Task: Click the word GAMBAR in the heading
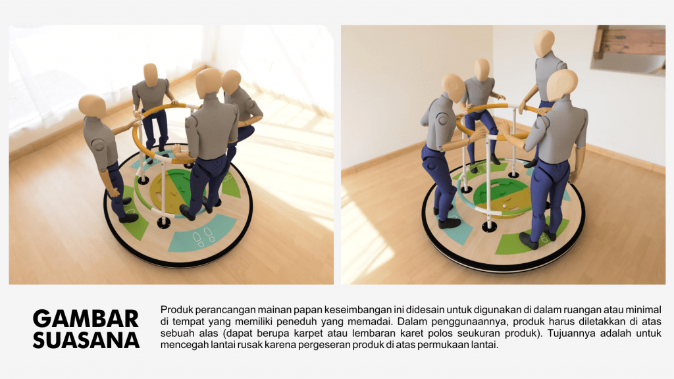pyautogui.click(x=86, y=319)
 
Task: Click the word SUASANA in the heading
pyautogui.click(x=86, y=340)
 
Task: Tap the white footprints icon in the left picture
pyautogui.click(x=204, y=237)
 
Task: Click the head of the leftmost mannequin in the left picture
pyautogui.click(x=92, y=107)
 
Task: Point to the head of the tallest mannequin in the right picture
pyautogui.click(x=544, y=43)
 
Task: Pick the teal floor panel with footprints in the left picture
pyautogui.click(x=202, y=234)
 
